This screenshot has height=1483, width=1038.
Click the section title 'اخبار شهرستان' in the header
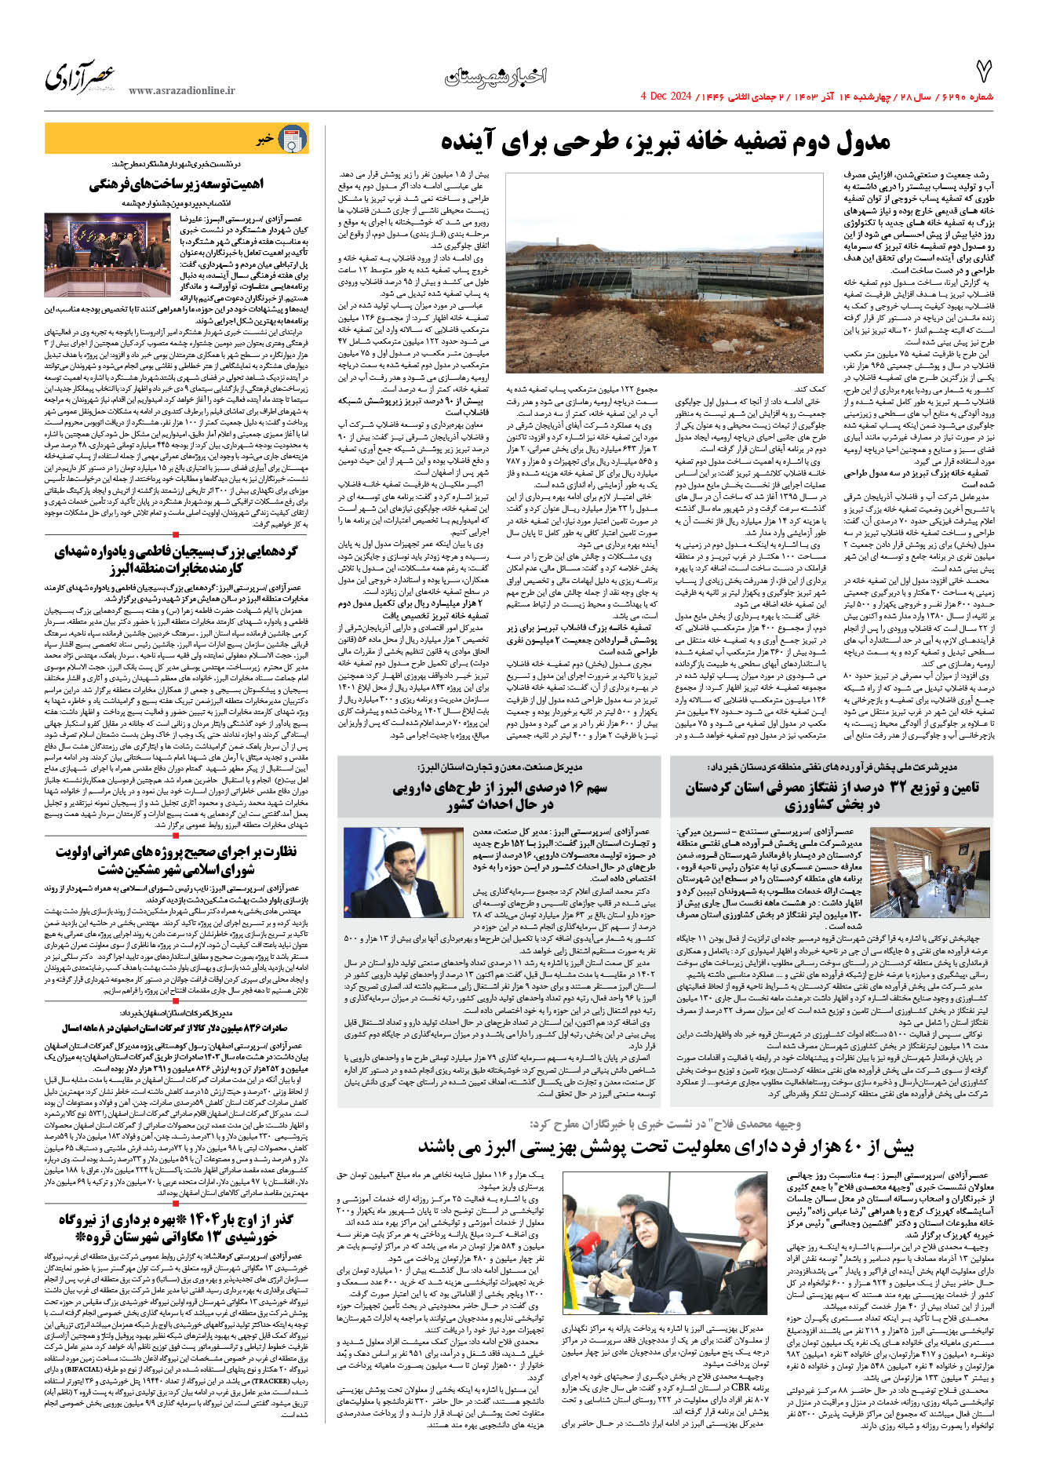coord(495,77)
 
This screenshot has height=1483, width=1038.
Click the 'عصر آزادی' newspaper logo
coord(80,77)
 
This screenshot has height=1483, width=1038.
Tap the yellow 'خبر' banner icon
coord(293,140)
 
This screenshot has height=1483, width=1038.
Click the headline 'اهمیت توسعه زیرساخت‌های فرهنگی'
coord(176,184)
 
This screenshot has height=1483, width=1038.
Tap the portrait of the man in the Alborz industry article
coord(403,866)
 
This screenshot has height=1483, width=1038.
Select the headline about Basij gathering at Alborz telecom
coord(176,560)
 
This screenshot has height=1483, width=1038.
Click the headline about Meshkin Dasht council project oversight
coord(176,860)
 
